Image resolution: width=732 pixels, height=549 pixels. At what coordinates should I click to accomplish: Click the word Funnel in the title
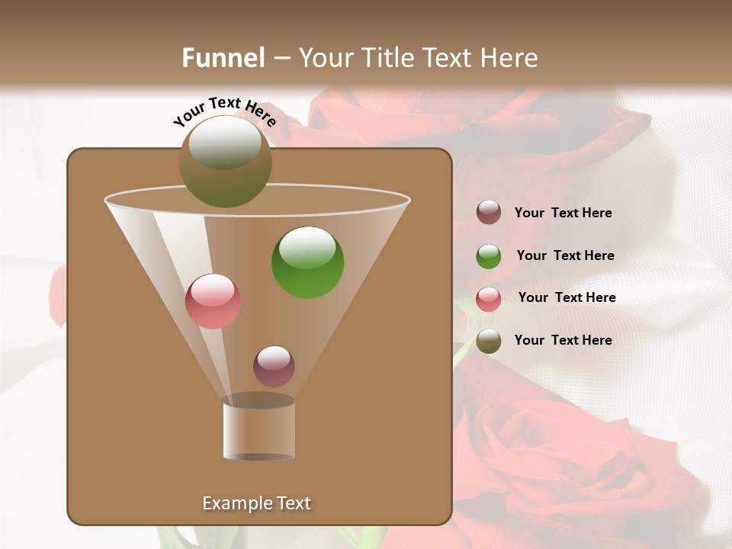223,58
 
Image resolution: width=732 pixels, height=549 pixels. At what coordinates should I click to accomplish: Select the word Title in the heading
387,58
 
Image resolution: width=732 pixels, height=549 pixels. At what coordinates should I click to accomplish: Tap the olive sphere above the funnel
225,162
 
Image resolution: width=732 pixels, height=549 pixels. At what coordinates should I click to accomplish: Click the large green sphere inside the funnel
307,262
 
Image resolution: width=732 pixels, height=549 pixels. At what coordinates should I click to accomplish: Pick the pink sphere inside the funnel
213,301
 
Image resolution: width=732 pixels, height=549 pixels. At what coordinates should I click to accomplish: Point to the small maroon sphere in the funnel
274,366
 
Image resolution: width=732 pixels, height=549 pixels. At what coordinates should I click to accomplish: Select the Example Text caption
256,503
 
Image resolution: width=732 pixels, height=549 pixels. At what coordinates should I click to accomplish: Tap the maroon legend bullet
489,213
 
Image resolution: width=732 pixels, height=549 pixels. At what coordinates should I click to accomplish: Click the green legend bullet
489,256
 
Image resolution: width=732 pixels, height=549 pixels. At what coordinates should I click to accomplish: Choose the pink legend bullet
489,299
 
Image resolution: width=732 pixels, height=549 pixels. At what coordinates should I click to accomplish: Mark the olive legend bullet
489,341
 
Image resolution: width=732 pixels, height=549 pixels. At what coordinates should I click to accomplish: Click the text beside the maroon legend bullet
563,213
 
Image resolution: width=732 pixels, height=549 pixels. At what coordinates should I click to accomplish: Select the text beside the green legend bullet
565,256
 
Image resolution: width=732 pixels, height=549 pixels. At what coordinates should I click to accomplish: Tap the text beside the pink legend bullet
567,298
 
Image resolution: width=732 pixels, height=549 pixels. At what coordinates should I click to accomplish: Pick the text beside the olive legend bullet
563,341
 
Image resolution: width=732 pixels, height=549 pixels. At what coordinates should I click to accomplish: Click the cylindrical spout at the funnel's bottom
259,429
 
